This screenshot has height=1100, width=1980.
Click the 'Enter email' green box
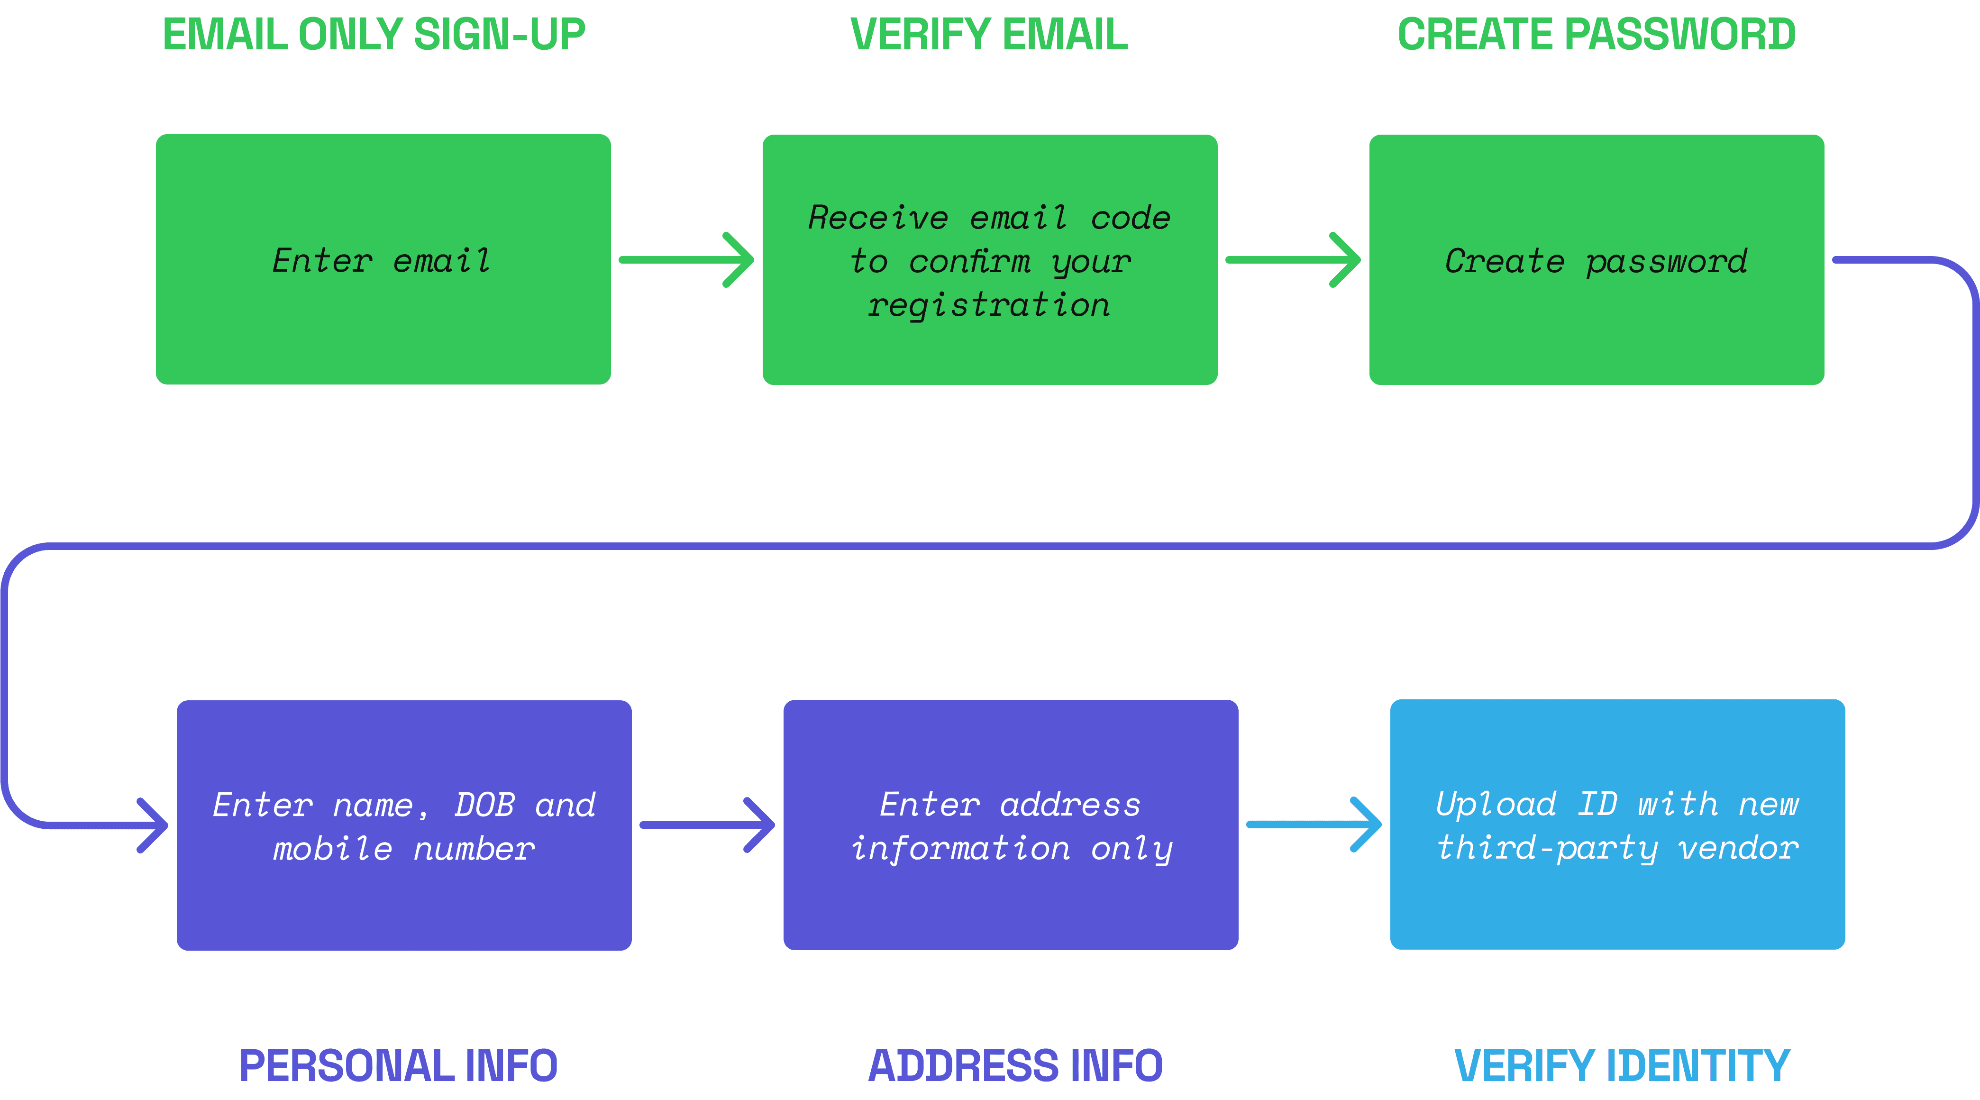coord(383,259)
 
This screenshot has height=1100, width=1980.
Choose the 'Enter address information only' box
coord(1011,825)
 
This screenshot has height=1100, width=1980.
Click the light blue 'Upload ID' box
coord(1617,824)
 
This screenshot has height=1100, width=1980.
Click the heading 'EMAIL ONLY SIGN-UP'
coord(374,35)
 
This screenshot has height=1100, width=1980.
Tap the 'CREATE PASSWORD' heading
coord(1597,35)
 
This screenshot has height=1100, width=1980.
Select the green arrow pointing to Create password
coord(1293,260)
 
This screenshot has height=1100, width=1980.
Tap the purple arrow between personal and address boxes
coord(707,825)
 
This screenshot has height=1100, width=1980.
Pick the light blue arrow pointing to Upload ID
coord(1314,824)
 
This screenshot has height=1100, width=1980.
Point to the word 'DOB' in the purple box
coord(484,805)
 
